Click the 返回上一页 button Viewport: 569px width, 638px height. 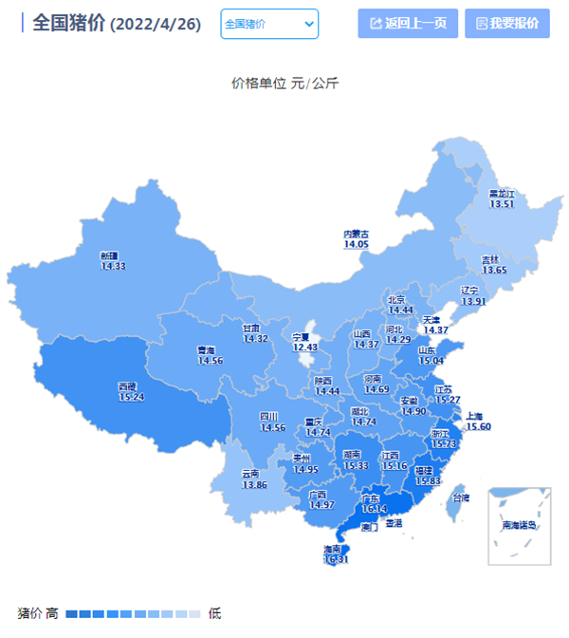click(408, 24)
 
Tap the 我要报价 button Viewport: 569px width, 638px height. click(507, 24)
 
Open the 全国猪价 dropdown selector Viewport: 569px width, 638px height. click(269, 24)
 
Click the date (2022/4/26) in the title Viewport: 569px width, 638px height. click(156, 25)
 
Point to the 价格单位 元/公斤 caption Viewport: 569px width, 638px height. click(284, 84)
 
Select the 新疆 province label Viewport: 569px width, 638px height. click(110, 256)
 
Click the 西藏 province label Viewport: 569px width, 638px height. click(128, 387)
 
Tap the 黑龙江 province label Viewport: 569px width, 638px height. click(501, 194)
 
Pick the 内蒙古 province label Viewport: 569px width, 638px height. click(356, 234)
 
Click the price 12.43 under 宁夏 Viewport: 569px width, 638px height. click(304, 347)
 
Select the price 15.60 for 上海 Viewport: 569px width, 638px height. click(478, 427)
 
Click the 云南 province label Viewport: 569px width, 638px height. click(250, 474)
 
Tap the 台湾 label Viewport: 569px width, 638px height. click(460, 497)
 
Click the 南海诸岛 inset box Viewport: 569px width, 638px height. click(519, 524)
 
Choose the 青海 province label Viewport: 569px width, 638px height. click(206, 350)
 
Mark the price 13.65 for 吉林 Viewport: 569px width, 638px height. click(494, 271)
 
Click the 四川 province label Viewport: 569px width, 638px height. click(269, 417)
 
